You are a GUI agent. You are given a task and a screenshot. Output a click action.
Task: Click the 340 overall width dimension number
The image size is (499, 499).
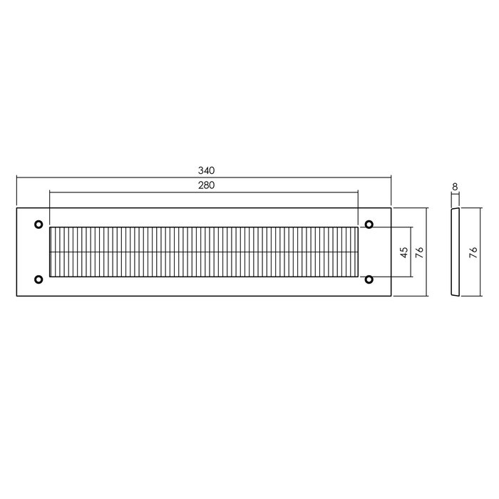207,171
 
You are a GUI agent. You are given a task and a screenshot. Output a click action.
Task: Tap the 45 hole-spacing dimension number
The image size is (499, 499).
403,252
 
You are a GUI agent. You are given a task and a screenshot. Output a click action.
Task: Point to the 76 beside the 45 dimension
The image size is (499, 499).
420,252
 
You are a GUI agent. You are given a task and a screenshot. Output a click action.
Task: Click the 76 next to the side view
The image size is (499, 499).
472,252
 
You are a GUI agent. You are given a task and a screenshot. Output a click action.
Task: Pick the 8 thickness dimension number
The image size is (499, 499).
455,187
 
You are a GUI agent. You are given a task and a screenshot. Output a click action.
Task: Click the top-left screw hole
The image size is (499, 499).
38,225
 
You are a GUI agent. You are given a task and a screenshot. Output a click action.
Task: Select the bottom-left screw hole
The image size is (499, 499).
38,279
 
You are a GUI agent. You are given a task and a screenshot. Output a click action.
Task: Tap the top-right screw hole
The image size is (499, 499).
369,225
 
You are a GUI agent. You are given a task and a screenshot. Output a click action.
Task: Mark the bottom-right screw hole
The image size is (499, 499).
369,279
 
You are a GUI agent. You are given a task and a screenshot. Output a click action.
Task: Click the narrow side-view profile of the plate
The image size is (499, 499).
455,252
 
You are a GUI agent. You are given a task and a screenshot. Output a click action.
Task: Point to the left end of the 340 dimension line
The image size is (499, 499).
16,178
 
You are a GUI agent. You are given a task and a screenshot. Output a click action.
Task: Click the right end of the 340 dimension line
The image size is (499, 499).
391,178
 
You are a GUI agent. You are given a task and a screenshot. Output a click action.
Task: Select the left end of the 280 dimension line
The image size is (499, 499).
49,191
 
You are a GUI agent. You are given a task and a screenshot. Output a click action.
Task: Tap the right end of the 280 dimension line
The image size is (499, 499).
358,191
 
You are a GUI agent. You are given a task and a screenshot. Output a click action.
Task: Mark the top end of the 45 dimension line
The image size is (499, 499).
411,227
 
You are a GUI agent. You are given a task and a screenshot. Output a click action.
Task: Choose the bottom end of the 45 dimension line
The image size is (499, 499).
411,277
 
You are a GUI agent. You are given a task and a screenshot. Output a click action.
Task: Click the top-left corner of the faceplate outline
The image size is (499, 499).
16,208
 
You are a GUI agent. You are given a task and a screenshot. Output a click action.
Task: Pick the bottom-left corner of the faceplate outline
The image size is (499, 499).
16,296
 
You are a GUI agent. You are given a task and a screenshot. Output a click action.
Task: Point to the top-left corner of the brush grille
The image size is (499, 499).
50,227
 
